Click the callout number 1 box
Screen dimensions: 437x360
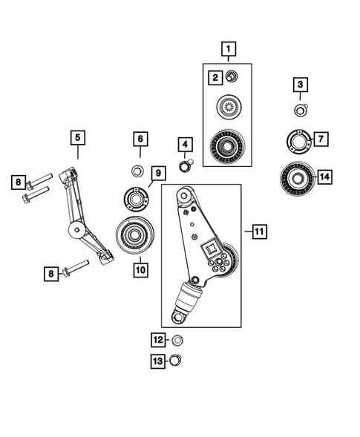click(x=229, y=50)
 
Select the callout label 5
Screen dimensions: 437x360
click(x=78, y=137)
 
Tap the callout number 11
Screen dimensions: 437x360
click(x=258, y=231)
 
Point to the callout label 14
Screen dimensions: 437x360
click(x=324, y=177)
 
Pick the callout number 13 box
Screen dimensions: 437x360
click(x=157, y=361)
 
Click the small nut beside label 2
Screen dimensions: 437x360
click(x=232, y=76)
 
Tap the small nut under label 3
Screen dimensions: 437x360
click(x=300, y=111)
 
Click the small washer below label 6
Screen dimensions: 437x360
click(x=138, y=172)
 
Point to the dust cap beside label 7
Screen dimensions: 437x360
click(x=298, y=140)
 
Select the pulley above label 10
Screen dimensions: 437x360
click(x=134, y=235)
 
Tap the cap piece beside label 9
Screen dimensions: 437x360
click(x=134, y=199)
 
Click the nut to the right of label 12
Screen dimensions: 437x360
click(x=177, y=341)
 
